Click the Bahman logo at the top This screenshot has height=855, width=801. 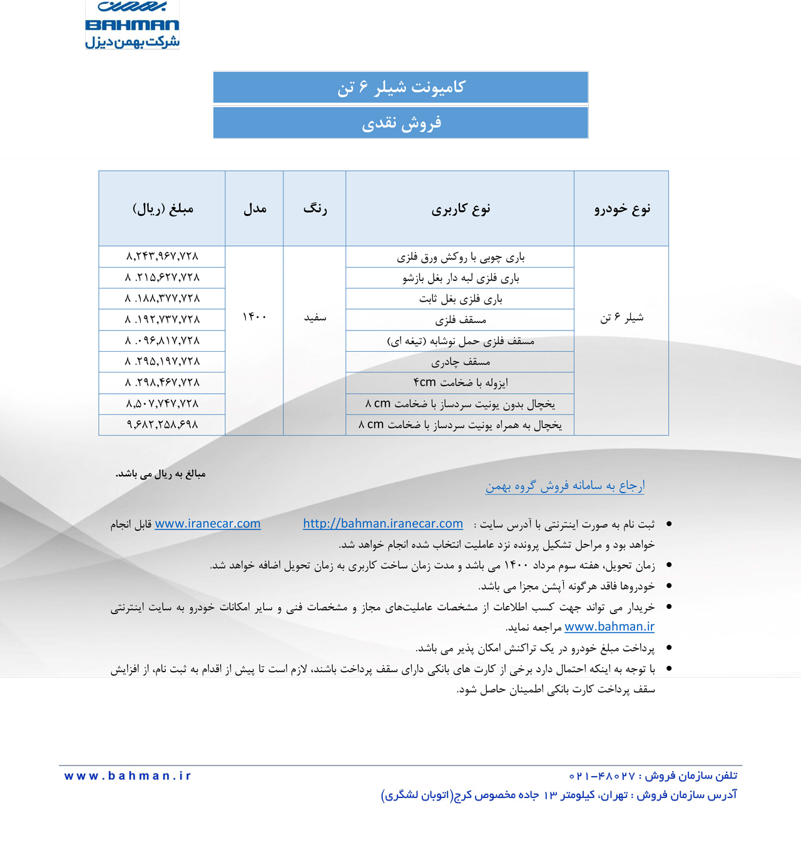coord(132,25)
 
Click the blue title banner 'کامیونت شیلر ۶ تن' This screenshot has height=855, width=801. coord(400,87)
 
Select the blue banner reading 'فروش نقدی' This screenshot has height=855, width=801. coord(400,123)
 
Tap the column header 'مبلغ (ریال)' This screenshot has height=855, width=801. coord(163,208)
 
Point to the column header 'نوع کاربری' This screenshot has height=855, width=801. coord(460,208)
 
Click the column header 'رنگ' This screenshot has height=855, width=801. coord(315,208)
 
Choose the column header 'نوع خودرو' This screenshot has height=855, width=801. coord(621,208)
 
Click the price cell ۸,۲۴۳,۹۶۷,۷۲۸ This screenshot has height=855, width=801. coord(162,256)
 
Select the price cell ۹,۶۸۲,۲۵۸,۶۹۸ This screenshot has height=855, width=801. coord(162,424)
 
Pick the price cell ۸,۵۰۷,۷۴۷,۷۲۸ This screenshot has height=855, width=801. coord(162,404)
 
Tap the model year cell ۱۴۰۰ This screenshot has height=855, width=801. coord(254,317)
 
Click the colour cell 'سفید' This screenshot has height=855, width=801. coord(315,318)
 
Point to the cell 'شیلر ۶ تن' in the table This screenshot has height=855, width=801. coord(621,318)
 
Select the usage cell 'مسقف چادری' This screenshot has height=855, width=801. coord(460,362)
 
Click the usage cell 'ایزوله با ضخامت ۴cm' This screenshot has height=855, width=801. coord(460,382)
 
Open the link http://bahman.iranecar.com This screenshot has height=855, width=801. coord(383,524)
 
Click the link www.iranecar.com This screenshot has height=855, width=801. coord(207,524)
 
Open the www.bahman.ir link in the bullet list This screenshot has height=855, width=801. coord(609,627)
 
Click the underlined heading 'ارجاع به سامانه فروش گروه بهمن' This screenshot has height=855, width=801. coord(564,486)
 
